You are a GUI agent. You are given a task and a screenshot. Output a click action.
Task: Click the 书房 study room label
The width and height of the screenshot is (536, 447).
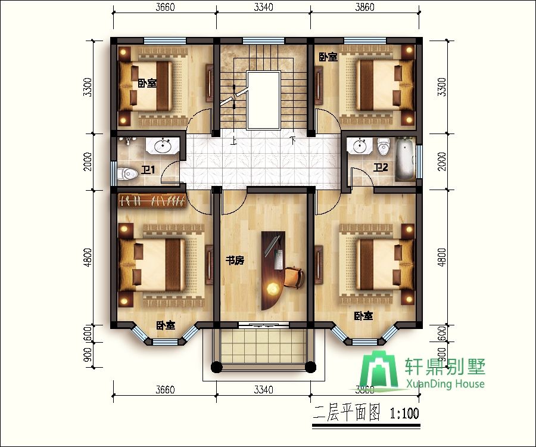(x=235, y=260)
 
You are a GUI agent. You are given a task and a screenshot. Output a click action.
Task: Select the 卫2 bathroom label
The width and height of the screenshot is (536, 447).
(x=381, y=167)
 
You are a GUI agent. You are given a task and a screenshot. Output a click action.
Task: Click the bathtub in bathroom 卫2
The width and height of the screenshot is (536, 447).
(x=406, y=159)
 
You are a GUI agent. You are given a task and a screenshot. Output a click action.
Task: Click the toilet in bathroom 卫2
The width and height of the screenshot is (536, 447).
(x=382, y=146)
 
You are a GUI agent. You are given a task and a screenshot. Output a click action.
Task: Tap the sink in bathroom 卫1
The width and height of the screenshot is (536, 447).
(x=163, y=145)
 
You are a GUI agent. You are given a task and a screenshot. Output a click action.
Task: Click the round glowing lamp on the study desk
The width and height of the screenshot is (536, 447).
(x=272, y=288)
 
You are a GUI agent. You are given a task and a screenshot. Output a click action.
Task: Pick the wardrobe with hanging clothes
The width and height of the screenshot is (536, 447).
(x=152, y=200)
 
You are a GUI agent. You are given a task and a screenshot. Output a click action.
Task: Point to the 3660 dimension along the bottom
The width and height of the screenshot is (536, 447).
(x=165, y=390)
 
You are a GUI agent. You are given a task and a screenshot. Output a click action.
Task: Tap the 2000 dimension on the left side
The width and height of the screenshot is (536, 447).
(x=88, y=161)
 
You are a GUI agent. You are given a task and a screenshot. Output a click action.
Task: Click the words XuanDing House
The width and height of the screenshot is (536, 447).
(x=445, y=384)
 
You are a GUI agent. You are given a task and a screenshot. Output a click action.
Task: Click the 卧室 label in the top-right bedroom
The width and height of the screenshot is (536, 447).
(x=328, y=57)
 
